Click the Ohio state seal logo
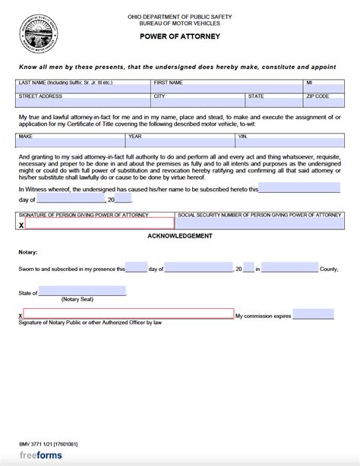(x=34, y=34)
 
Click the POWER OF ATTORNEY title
(x=180, y=34)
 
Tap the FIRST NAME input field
(x=226, y=87)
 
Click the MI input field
(x=322, y=87)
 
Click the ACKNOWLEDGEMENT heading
(x=180, y=237)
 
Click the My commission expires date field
(x=313, y=314)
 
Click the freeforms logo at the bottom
(x=40, y=455)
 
